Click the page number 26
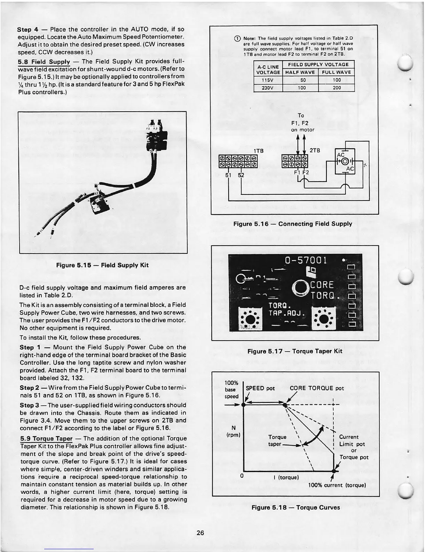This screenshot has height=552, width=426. click(200, 533)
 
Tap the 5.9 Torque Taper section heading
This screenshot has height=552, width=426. click(46, 438)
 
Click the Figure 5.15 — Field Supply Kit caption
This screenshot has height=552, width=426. click(102, 265)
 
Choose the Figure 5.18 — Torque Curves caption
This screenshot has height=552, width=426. click(295, 507)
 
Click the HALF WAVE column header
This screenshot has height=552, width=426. click(300, 72)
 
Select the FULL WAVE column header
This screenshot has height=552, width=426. click(336, 72)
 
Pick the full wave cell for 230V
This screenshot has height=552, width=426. click(336, 88)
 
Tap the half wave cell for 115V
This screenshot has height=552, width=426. click(300, 80)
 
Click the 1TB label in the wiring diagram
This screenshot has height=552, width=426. click(259, 151)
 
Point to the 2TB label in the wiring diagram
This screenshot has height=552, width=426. click(314, 150)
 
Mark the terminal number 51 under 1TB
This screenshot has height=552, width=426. click(228, 175)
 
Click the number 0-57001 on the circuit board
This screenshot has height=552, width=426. click(306, 261)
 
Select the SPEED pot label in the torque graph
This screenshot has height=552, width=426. click(260, 388)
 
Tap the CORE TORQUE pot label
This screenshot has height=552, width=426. click(317, 388)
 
